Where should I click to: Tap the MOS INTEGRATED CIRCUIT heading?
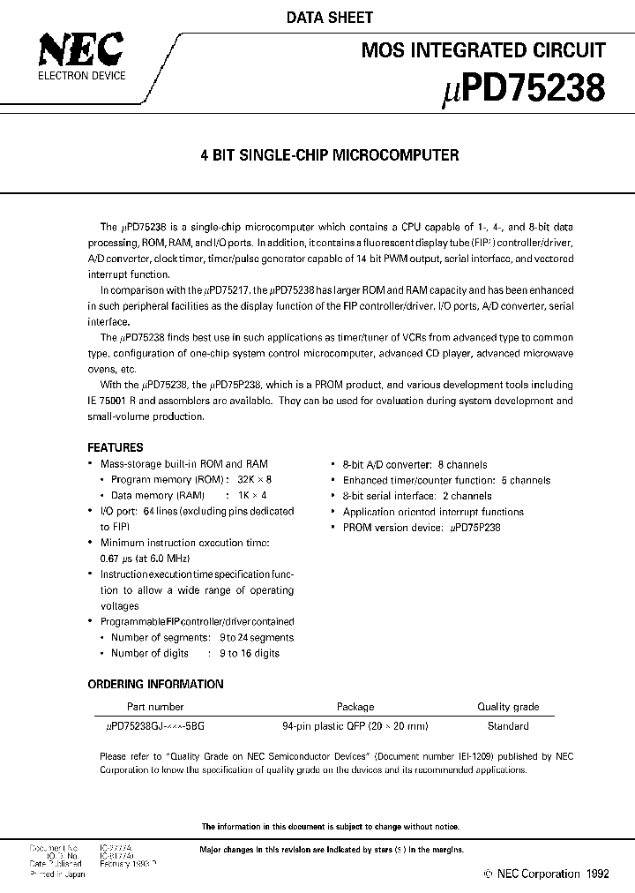pos(483,50)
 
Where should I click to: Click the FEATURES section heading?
pos(116,447)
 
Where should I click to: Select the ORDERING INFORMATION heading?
pos(155,684)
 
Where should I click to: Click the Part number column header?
pos(155,707)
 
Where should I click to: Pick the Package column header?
pos(355,707)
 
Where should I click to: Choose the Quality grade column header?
pos(508,707)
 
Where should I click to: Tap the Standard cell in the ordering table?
pos(508,726)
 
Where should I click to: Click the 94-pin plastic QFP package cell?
pos(355,726)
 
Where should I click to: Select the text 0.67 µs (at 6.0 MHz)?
pos(146,559)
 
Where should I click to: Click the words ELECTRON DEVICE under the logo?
pos(80,76)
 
